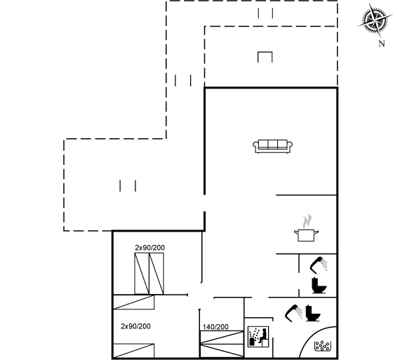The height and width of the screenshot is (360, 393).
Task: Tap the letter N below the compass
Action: (x=382, y=44)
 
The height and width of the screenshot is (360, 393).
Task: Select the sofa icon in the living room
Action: (x=273, y=147)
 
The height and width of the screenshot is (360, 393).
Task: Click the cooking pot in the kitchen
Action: (x=306, y=235)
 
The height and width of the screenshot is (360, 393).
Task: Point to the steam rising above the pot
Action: (x=307, y=221)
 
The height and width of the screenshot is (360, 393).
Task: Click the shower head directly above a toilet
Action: (x=319, y=265)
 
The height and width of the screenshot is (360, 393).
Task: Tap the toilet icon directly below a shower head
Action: (x=319, y=286)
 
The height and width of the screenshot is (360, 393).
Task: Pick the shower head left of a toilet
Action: (x=293, y=313)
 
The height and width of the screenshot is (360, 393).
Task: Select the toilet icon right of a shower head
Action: (x=313, y=313)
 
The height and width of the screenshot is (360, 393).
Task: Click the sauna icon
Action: (x=258, y=336)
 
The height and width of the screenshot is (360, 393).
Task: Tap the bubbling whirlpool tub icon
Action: (x=322, y=346)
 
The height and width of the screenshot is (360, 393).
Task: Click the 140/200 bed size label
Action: (x=215, y=327)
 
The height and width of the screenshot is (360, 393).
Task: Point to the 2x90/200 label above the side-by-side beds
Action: (x=150, y=248)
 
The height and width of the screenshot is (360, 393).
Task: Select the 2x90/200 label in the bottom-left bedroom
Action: (x=135, y=326)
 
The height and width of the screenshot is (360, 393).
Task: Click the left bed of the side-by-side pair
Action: (x=142, y=274)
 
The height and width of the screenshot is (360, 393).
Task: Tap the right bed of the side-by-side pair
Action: (x=156, y=274)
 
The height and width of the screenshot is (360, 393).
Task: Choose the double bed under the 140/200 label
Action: (x=222, y=344)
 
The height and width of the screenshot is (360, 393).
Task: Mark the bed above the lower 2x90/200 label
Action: (x=134, y=302)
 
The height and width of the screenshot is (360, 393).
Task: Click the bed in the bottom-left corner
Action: (x=134, y=351)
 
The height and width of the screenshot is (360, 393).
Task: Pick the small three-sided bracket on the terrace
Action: (x=265, y=57)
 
